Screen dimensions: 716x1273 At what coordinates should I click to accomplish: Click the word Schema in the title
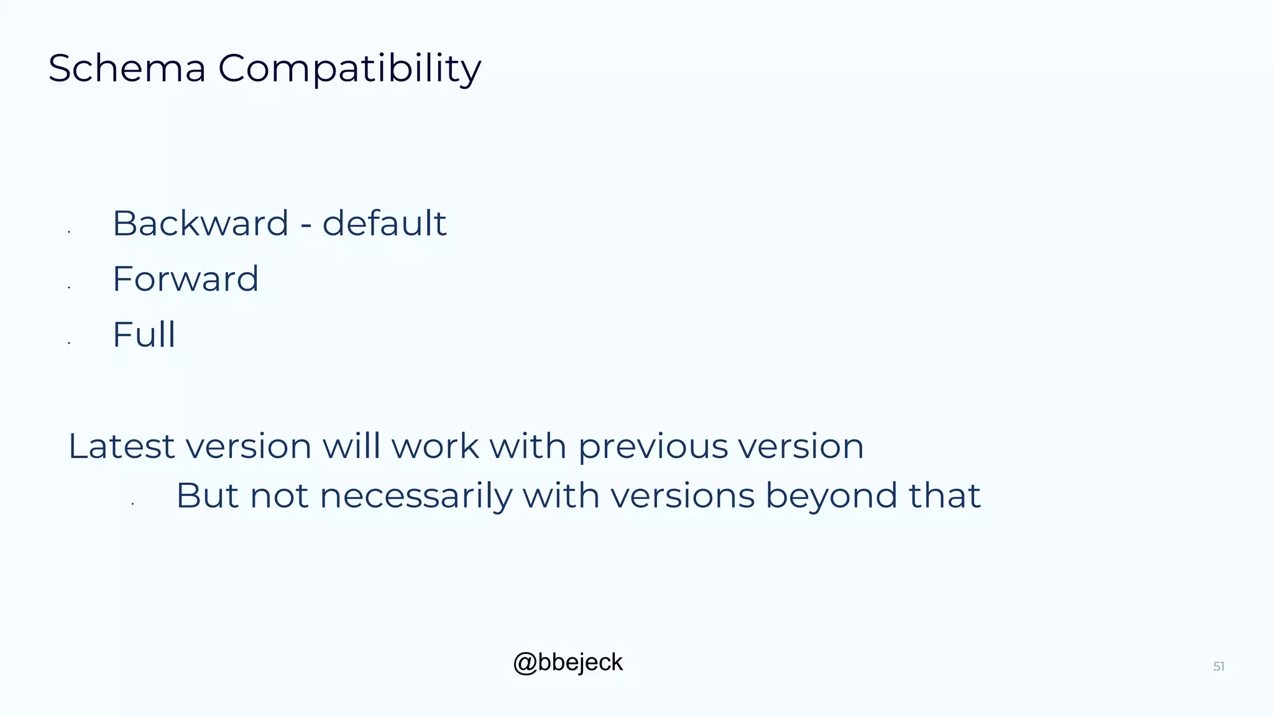pyautogui.click(x=126, y=68)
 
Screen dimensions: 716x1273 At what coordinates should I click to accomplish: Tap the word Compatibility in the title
pyautogui.click(x=349, y=69)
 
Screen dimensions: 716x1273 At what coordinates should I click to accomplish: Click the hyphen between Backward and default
pyautogui.click(x=305, y=225)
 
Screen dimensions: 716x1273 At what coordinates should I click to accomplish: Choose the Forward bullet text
pyautogui.click(x=185, y=279)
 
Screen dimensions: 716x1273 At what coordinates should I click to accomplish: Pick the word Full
pyautogui.click(x=144, y=335)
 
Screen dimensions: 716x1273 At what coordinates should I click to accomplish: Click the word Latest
pyautogui.click(x=121, y=446)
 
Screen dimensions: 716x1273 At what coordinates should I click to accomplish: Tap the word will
pyautogui.click(x=351, y=446)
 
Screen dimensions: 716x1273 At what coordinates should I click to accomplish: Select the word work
pyautogui.click(x=434, y=446)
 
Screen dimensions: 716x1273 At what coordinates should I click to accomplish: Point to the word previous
pyautogui.click(x=653, y=447)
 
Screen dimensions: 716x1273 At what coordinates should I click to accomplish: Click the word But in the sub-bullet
pyautogui.click(x=207, y=496)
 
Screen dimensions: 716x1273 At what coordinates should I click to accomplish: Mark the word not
pyautogui.click(x=278, y=496)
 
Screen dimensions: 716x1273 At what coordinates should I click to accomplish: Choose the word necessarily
pyautogui.click(x=416, y=497)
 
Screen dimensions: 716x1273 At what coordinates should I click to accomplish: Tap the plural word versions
pyautogui.click(x=682, y=496)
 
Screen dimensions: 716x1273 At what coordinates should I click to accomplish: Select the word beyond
pyautogui.click(x=831, y=497)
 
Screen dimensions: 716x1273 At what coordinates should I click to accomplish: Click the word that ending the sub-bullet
pyautogui.click(x=944, y=496)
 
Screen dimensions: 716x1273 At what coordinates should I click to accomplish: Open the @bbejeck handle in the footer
pyautogui.click(x=568, y=663)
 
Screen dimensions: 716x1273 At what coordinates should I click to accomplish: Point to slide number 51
pyautogui.click(x=1218, y=667)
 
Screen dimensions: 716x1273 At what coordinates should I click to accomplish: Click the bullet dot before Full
pyautogui.click(x=69, y=342)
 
